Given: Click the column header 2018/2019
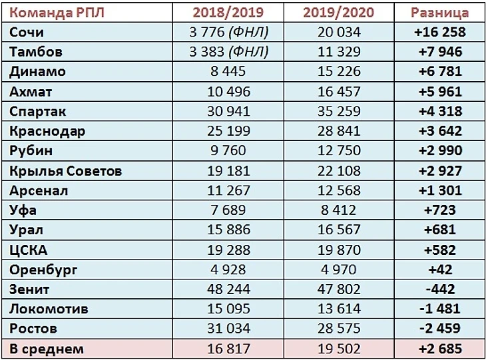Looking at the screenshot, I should point(228,13).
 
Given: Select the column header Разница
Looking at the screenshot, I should point(439,13).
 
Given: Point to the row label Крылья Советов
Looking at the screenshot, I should point(66,171).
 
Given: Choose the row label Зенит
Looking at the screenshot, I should point(29,289).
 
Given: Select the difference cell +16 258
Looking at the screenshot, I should point(439,32).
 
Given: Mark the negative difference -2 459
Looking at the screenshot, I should point(439,329).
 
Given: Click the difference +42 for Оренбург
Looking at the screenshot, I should point(439,270).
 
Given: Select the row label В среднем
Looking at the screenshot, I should point(46,349).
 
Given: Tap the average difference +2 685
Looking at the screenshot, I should point(439,349).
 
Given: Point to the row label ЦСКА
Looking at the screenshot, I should point(29,250).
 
